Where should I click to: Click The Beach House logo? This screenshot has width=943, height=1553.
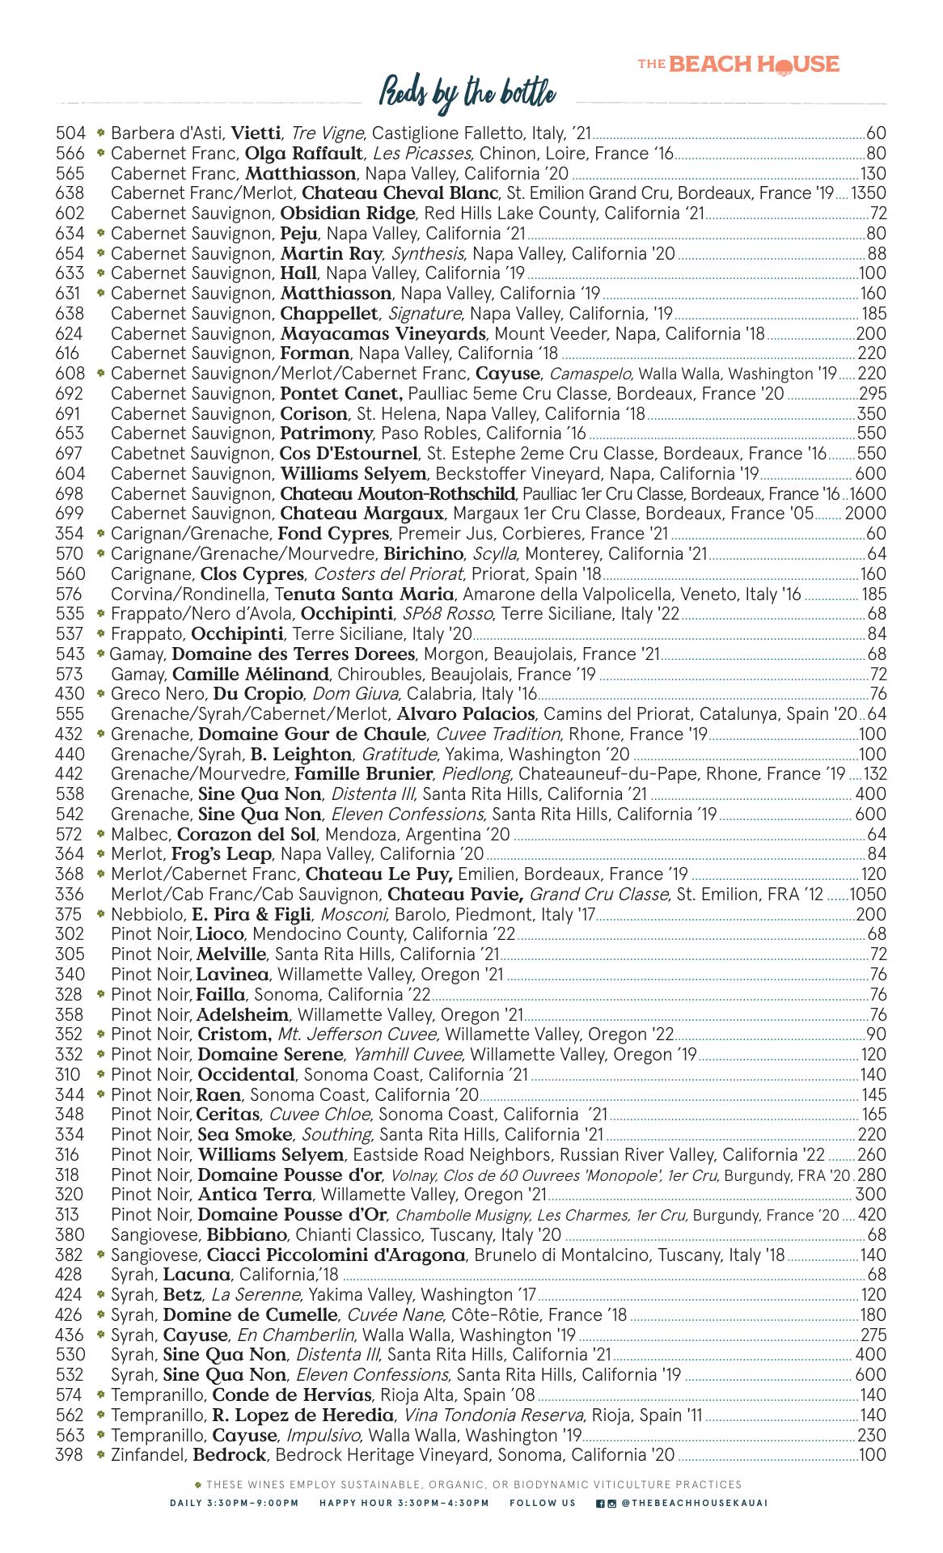tap(738, 65)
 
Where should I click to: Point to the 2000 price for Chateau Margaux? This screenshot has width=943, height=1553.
tap(865, 514)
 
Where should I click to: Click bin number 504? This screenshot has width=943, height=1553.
tap(70, 133)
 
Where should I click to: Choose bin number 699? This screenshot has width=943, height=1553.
tap(70, 514)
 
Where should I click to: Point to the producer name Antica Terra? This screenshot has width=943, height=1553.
tap(254, 1195)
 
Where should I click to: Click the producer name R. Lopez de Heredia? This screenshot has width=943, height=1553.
tap(303, 1415)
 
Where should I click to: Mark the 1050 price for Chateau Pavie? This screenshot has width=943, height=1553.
tap(868, 895)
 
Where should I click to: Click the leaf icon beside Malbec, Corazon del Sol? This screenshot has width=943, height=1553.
tap(100, 834)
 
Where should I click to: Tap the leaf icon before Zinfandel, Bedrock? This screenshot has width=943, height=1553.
tap(100, 1454)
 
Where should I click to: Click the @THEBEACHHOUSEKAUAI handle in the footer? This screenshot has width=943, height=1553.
tap(695, 1503)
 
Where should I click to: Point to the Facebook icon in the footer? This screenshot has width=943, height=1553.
tap(600, 1503)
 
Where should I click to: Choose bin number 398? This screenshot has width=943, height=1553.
tap(70, 1455)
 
